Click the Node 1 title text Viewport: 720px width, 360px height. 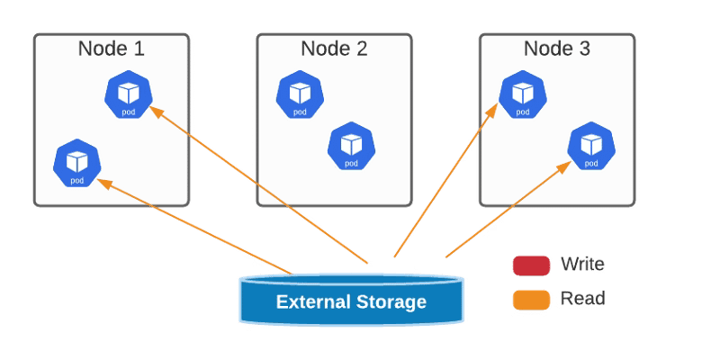tap(112, 49)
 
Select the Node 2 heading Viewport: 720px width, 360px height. tap(334, 49)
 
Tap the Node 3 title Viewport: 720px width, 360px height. tap(556, 49)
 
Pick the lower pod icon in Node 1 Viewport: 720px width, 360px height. tap(77, 163)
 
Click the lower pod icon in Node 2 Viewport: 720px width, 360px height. tap(351, 146)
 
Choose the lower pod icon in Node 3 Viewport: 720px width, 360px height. tap(590, 146)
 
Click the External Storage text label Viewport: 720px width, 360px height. tap(351, 301)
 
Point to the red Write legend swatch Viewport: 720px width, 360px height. tap(531, 265)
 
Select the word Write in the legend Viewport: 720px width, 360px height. tap(582, 265)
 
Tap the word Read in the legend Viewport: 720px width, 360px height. tap(582, 299)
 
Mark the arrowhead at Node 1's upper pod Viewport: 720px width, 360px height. tap(153, 111)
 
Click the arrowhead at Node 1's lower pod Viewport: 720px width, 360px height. tap(102, 182)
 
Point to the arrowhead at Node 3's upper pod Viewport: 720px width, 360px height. tap(496, 109)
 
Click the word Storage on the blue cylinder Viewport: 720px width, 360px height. tap(390, 301)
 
